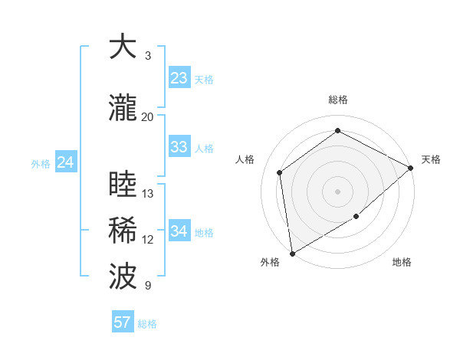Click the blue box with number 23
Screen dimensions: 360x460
click(179, 78)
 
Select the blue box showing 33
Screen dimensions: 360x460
click(179, 147)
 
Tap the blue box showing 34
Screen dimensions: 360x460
click(179, 231)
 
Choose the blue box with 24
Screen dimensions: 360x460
click(66, 162)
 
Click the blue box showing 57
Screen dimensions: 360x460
click(123, 322)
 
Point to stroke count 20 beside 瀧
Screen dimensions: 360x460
click(148, 116)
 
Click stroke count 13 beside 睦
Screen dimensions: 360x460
click(148, 193)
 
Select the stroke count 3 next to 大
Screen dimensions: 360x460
click(148, 55)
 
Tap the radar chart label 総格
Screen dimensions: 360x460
click(338, 100)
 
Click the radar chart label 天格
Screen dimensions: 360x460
click(431, 159)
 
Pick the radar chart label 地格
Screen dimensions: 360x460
click(402, 263)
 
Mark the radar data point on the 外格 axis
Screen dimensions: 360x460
click(292, 253)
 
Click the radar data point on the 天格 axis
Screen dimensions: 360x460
click(411, 168)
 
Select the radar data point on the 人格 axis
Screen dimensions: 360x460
click(280, 172)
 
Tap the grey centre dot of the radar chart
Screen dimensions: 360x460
click(338, 191)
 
